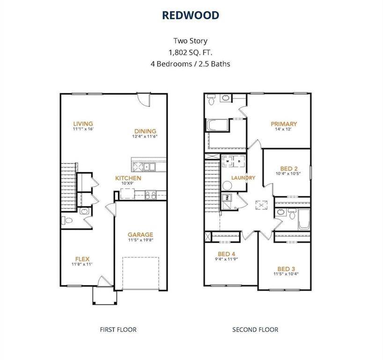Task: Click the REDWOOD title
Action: coord(191,15)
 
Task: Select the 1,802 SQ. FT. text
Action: coord(191,52)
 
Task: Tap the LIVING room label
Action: coord(83,124)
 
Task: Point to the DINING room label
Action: coord(145,131)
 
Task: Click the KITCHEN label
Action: coord(128,178)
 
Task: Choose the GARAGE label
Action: coord(140,235)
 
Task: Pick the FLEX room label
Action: coord(82,259)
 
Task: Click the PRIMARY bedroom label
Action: coord(284,124)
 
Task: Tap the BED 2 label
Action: coord(289,169)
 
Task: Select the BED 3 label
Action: coord(286,269)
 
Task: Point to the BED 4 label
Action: coord(227,254)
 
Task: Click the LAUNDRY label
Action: coord(243,178)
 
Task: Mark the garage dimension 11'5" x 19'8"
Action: coord(140,240)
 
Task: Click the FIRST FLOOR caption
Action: coord(118,330)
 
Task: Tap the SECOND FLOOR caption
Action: coord(255,330)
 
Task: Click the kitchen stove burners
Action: coord(151,194)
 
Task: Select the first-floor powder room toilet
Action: coord(66,220)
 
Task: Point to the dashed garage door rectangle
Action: coord(141,273)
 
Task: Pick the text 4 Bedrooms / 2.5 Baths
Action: coord(191,63)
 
